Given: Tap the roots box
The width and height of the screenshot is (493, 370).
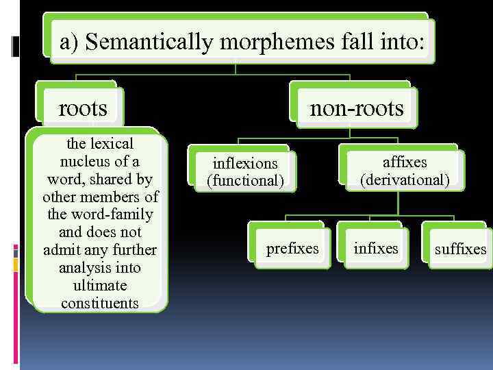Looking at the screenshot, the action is click(83, 108).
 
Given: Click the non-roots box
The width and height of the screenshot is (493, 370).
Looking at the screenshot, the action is click(356, 108).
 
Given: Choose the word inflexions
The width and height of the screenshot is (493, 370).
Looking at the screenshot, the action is click(245, 163).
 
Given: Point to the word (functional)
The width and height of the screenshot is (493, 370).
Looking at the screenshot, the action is click(245, 181).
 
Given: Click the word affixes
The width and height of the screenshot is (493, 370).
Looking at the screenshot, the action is click(405, 162).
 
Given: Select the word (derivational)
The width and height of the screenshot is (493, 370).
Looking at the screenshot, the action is click(405, 180).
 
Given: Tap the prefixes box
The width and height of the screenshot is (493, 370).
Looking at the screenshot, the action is click(292, 248).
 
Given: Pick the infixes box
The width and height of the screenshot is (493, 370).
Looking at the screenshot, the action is click(375, 248).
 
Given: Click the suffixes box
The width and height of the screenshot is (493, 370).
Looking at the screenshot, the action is click(460, 249).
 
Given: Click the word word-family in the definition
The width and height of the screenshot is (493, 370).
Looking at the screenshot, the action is click(121, 214).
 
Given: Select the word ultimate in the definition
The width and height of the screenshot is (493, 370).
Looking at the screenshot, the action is click(100, 285).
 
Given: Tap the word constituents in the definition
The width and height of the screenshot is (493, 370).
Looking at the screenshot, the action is click(100, 303).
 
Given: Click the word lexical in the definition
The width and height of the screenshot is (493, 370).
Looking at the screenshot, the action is click(110, 144).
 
